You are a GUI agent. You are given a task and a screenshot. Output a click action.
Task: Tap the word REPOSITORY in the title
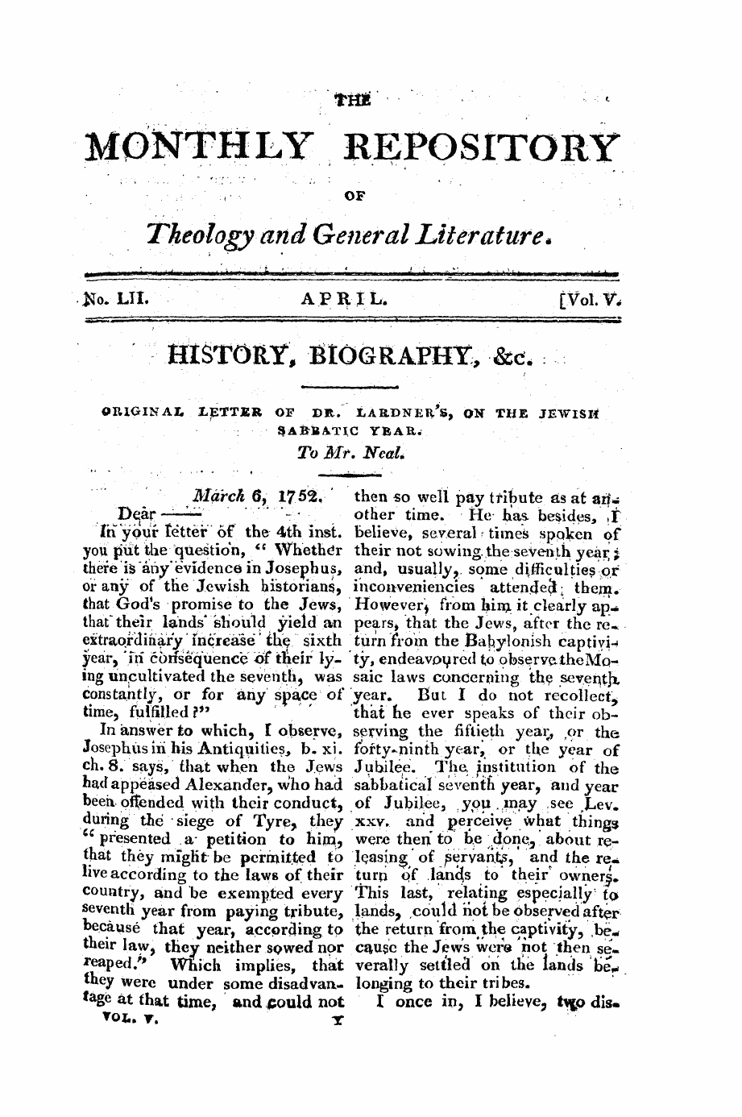point(482,147)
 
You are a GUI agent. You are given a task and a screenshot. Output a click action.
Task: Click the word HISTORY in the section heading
point(226,354)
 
